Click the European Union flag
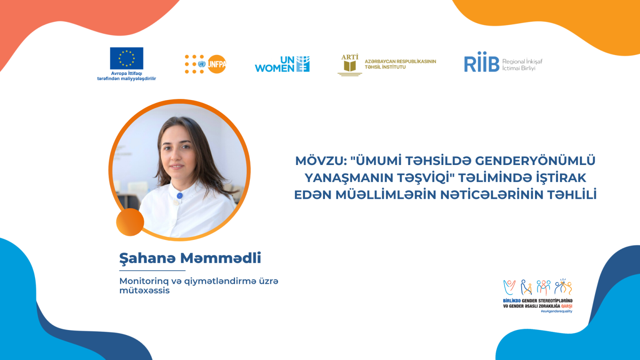pyautogui.click(x=127, y=58)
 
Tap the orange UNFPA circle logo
pyautogui.click(x=217, y=64)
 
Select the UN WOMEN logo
pyautogui.click(x=282, y=64)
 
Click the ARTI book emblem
pyautogui.click(x=350, y=65)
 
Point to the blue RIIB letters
pyautogui.click(x=482, y=62)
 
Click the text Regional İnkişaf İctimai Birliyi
pyautogui.click(x=522, y=65)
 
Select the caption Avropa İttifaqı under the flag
pyautogui.click(x=127, y=73)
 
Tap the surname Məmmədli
pyautogui.click(x=220, y=258)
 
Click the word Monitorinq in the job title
pyautogui.click(x=144, y=281)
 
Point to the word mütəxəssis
pyautogui.click(x=144, y=290)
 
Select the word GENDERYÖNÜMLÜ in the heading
pyautogui.click(x=535, y=160)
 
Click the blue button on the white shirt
pyautogui.click(x=180, y=196)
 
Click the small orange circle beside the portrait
pyautogui.click(x=130, y=222)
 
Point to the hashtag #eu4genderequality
pyautogui.click(x=556, y=311)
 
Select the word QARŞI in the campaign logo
pyautogui.click(x=567, y=306)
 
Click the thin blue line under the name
pyautogui.click(x=152, y=270)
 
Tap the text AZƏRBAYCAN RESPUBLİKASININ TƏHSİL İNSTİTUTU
pyautogui.click(x=400, y=64)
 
